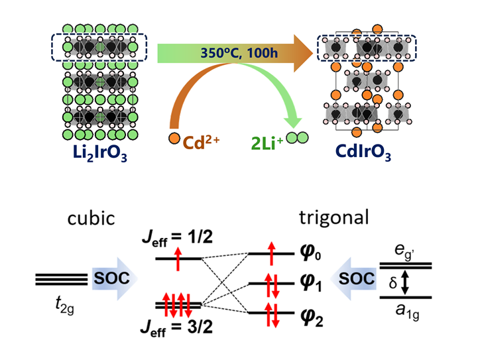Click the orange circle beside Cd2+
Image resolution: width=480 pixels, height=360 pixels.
tap(174, 139)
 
